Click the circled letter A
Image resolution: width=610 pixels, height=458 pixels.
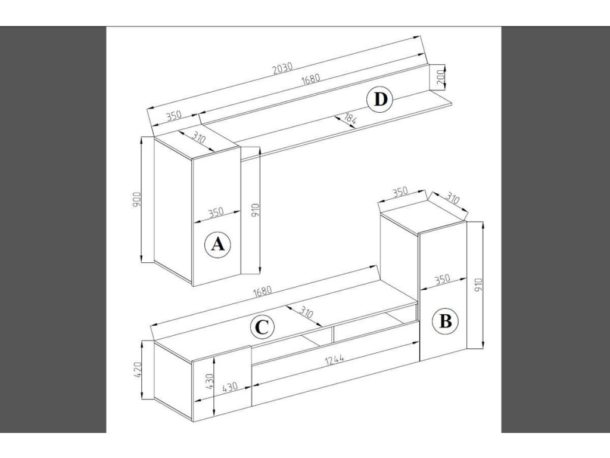coord(217,245)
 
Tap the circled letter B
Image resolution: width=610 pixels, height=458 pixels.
coord(446,321)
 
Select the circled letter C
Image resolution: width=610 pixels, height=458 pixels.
coord(262,327)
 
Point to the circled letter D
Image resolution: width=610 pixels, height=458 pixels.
coord(381,100)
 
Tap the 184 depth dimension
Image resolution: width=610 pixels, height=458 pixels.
coord(350,119)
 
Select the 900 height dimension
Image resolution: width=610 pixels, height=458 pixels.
coord(137,199)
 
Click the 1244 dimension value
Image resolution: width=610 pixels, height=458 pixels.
coord(335,360)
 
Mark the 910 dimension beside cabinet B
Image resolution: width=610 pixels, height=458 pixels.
coord(478,285)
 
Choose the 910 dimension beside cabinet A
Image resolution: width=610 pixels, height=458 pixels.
coord(255,211)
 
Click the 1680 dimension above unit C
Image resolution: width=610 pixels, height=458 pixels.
coord(262,292)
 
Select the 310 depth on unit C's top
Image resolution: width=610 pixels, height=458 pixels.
coord(307,312)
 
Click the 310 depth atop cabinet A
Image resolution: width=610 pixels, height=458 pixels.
coord(198,138)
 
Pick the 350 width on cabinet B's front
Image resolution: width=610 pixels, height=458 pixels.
coord(442,280)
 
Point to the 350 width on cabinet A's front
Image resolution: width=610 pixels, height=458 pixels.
coord(216,213)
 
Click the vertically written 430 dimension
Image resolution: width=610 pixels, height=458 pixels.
coord(209,382)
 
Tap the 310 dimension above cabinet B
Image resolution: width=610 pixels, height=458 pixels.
coord(452,199)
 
